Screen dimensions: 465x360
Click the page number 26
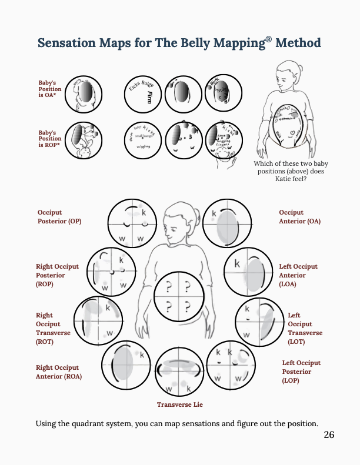tap(329, 435)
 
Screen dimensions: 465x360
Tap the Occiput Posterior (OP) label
tap(59, 217)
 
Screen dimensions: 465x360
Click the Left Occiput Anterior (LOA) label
tap(298, 275)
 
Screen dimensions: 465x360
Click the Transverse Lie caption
tap(179, 404)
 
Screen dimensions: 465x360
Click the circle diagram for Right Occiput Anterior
tap(126, 364)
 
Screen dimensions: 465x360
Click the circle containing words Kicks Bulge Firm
tap(145, 94)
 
